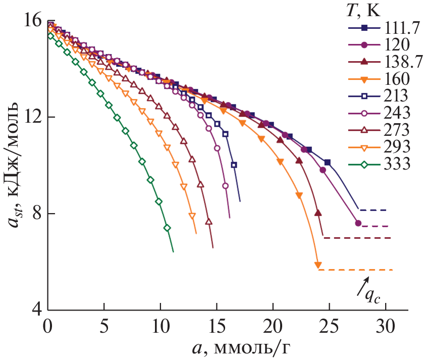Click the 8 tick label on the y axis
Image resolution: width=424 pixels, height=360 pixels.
(x=34, y=214)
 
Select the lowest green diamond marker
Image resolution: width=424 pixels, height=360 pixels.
(x=167, y=228)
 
